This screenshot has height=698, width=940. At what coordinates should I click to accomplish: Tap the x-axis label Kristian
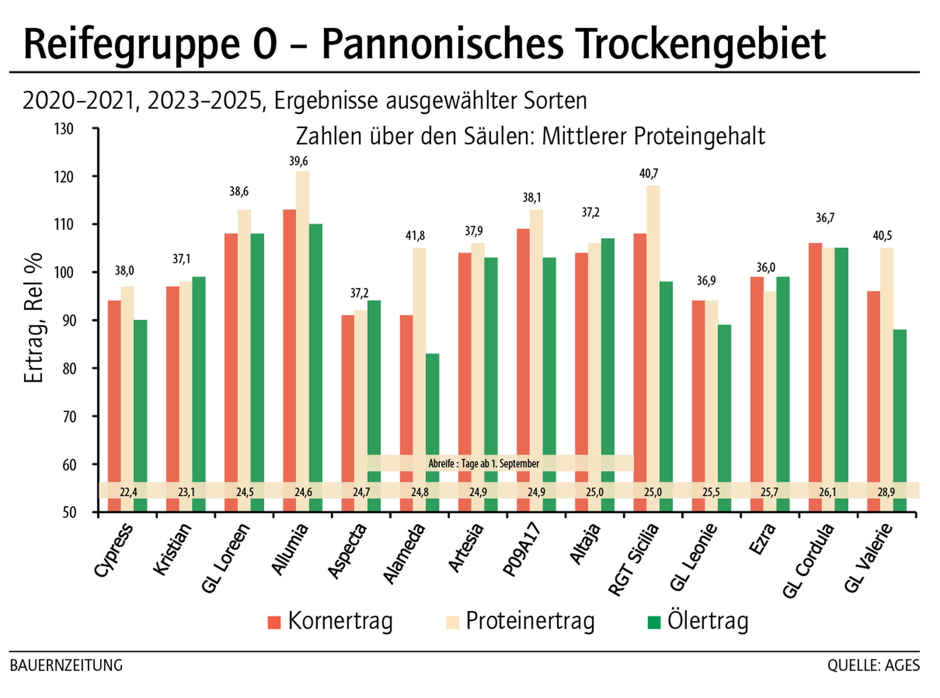coord(173,549)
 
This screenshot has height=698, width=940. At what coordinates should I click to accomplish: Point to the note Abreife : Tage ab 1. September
coord(483,463)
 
